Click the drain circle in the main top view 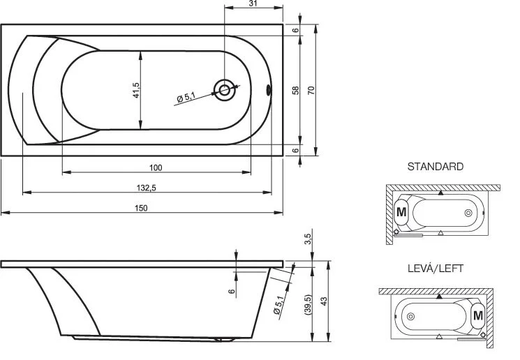coord(225,89)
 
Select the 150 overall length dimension coord(142,207)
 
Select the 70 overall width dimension coord(311,90)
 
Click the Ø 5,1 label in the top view coord(186,98)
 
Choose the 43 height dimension coord(322,300)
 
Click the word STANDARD coord(436,167)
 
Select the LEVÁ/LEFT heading coord(436,268)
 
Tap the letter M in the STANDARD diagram coord(401,211)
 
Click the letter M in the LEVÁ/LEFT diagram coord(477,316)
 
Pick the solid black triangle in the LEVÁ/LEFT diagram coord(438,297)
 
